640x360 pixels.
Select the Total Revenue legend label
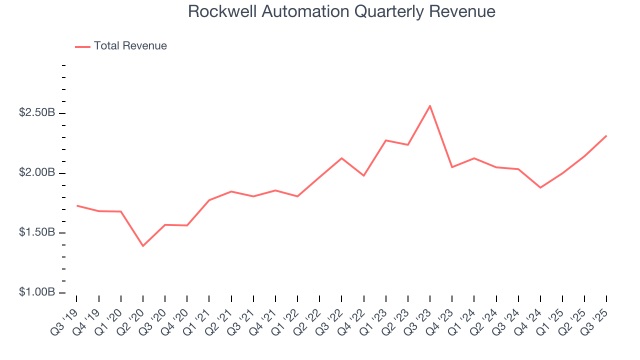tap(130, 46)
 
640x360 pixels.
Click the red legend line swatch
tap(82, 46)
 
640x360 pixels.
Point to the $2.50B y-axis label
tap(37, 113)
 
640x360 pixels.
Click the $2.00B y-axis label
tap(37, 173)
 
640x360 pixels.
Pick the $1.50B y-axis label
tap(37, 233)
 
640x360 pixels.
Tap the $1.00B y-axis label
tap(37, 292)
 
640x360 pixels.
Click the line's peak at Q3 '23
tap(430, 106)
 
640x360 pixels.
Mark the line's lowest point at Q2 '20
tap(143, 246)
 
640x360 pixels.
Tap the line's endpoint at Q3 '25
tap(606, 135)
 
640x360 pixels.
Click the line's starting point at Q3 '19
tap(77, 205)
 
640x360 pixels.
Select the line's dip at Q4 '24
tap(540, 187)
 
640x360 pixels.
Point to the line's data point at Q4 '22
tap(363, 175)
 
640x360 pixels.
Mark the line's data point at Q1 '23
tap(386, 140)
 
